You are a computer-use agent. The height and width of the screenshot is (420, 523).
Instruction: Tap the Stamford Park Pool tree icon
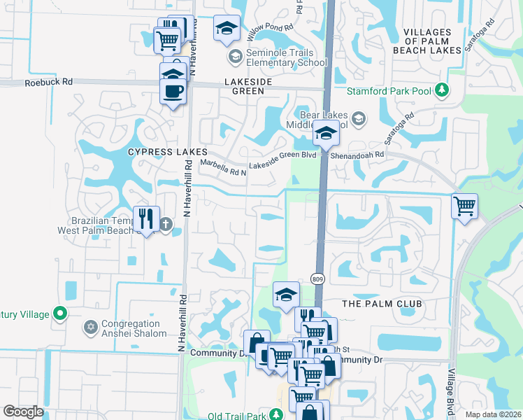pyautogui.click(x=441, y=90)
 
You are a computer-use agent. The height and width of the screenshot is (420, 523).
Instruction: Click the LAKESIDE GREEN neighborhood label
pyautogui.click(x=234, y=82)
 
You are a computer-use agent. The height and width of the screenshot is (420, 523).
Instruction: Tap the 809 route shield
pyautogui.click(x=318, y=279)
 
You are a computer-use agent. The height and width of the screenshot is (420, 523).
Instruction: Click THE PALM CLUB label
pyautogui.click(x=382, y=304)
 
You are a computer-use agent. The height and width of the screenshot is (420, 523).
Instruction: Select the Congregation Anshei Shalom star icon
pyautogui.click(x=90, y=327)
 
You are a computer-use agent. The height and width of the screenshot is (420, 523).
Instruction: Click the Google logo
pyautogui.click(x=23, y=411)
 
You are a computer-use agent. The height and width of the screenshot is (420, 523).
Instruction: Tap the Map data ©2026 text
pyautogui.click(x=492, y=414)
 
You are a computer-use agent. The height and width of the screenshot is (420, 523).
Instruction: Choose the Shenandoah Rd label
pyautogui.click(x=358, y=155)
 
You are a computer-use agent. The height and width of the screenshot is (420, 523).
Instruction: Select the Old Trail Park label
pyautogui.click(x=238, y=416)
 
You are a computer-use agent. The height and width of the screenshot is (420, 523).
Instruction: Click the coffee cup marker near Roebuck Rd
pyautogui.click(x=173, y=90)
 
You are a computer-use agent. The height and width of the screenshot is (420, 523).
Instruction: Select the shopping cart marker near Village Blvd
pyautogui.click(x=464, y=206)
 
